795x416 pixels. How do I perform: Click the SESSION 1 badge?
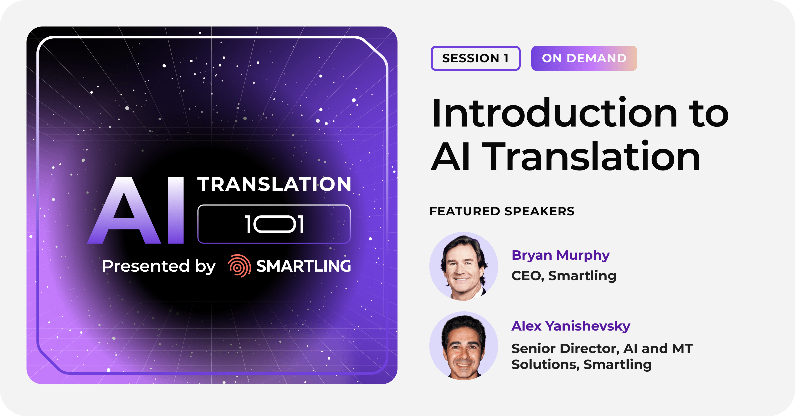[x=475, y=58]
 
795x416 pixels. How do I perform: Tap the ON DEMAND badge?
[x=584, y=58]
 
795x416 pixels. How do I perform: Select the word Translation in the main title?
[x=591, y=156]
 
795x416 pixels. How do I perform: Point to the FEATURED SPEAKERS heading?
[x=502, y=211]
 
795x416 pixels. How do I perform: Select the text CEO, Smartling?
[x=564, y=276]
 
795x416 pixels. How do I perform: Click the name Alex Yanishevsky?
[x=571, y=326]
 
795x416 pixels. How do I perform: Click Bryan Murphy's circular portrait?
[x=464, y=266]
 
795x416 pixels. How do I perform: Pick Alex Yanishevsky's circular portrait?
[x=464, y=346]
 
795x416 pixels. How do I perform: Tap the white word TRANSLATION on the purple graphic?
[x=274, y=184]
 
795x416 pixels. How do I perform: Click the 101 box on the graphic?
[x=274, y=224]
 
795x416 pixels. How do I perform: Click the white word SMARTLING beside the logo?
[x=304, y=266]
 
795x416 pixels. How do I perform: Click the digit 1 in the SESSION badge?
[x=506, y=58]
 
